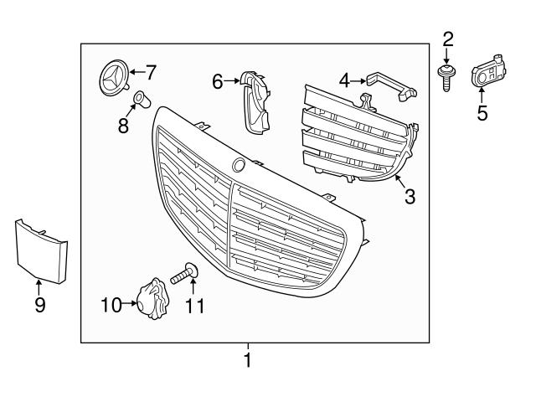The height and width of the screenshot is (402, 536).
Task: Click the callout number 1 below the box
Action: (247, 361)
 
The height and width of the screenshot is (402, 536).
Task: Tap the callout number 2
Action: (448, 38)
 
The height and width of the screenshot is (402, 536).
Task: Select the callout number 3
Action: (410, 196)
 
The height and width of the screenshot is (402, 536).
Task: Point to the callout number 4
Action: (344, 81)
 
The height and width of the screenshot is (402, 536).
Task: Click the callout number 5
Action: (482, 112)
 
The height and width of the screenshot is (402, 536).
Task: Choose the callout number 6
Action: (218, 81)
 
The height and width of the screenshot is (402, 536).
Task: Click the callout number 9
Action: (39, 305)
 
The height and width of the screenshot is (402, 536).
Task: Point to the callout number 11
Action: (194, 306)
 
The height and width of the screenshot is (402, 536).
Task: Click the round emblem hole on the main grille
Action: (239, 165)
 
